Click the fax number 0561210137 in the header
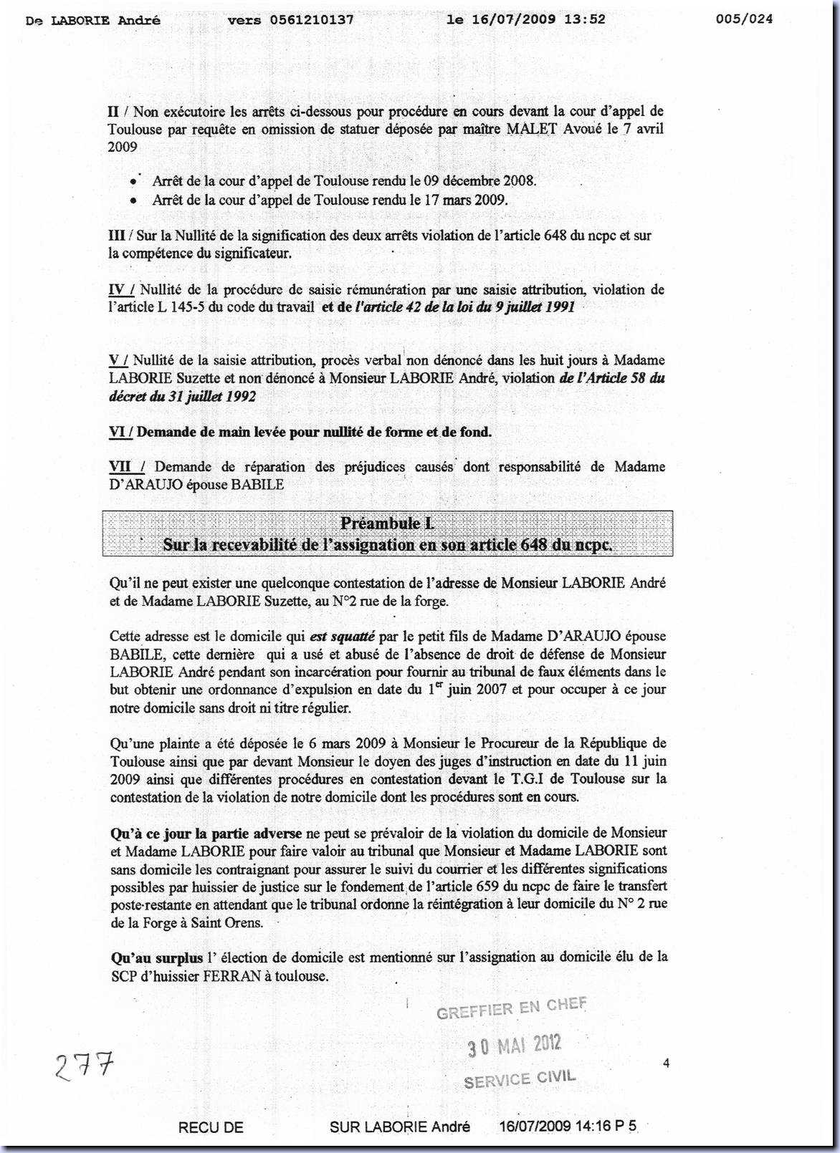click(x=312, y=20)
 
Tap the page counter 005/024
click(x=745, y=19)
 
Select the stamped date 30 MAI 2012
click(x=514, y=1046)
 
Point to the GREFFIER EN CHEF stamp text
click(x=511, y=1008)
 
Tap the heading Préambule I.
click(x=387, y=524)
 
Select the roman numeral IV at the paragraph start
click(x=119, y=289)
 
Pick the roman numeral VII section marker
click(x=123, y=467)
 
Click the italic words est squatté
click(x=343, y=636)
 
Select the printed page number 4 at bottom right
click(x=666, y=1064)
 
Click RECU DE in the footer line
click(x=211, y=1127)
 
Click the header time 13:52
click(x=590, y=19)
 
